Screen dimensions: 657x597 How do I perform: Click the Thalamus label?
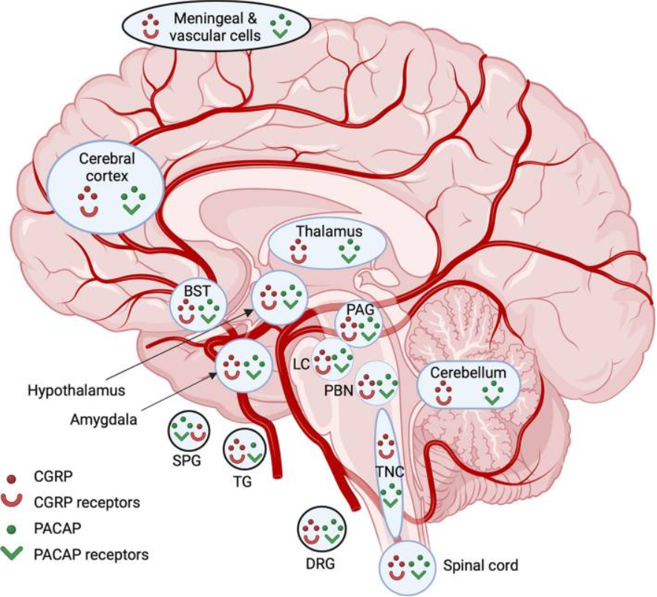click(330, 231)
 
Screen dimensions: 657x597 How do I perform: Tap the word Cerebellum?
click(468, 372)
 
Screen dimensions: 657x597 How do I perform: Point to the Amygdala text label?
click(103, 419)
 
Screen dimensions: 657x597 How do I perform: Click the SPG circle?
click(189, 432)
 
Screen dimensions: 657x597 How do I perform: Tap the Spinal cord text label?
click(480, 566)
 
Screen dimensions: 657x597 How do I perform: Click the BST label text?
click(197, 291)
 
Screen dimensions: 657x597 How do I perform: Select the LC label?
click(301, 364)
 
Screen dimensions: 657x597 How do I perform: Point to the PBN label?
click(339, 390)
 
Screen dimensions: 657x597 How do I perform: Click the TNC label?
click(390, 471)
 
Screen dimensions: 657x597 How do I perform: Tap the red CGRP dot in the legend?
click(12, 478)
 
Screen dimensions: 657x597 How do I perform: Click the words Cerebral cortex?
click(106, 167)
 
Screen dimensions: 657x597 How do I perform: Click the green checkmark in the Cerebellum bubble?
click(493, 400)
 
